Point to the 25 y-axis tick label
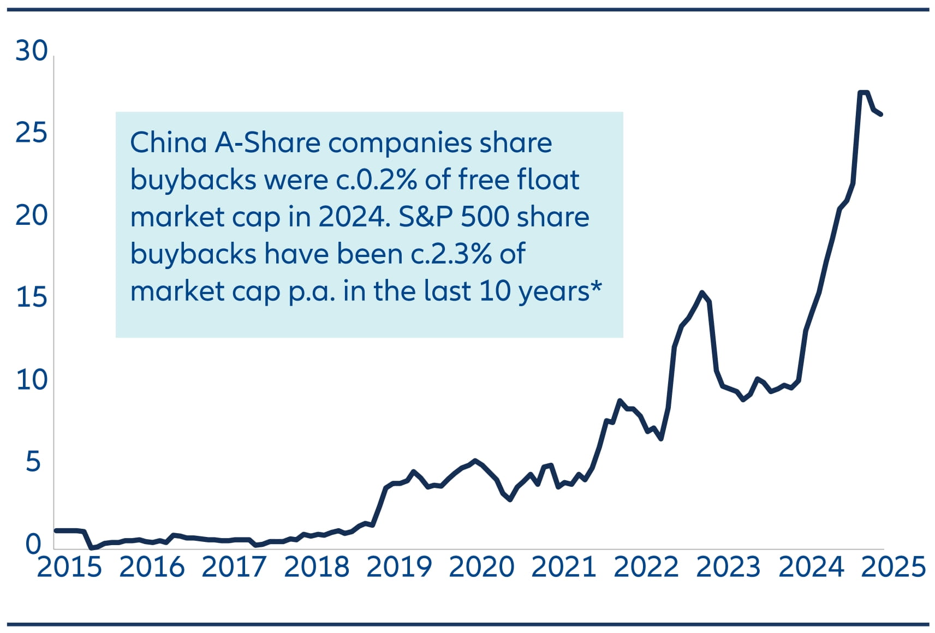(32, 133)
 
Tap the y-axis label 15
(32, 297)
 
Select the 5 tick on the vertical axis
(33, 462)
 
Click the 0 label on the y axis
(33, 544)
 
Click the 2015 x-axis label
(69, 567)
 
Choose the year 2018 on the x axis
(317, 567)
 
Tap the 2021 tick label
(564, 567)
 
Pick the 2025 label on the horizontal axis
(894, 567)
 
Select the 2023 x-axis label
(729, 567)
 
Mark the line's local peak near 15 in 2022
(702, 292)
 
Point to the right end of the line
(881, 114)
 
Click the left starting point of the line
(56, 530)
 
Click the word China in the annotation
(168, 143)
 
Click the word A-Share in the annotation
(267, 143)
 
